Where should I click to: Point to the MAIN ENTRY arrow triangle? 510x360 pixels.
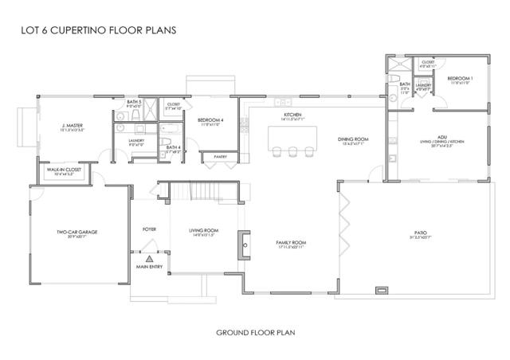click(x=149, y=258)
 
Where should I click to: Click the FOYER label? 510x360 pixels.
click(x=149, y=229)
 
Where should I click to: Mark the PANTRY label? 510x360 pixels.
click(x=220, y=157)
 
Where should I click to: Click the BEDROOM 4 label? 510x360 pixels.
click(x=211, y=120)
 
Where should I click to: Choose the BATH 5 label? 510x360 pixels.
click(x=134, y=102)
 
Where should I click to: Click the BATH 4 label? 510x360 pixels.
click(x=173, y=147)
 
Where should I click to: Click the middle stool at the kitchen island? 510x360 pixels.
click(x=291, y=151)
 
